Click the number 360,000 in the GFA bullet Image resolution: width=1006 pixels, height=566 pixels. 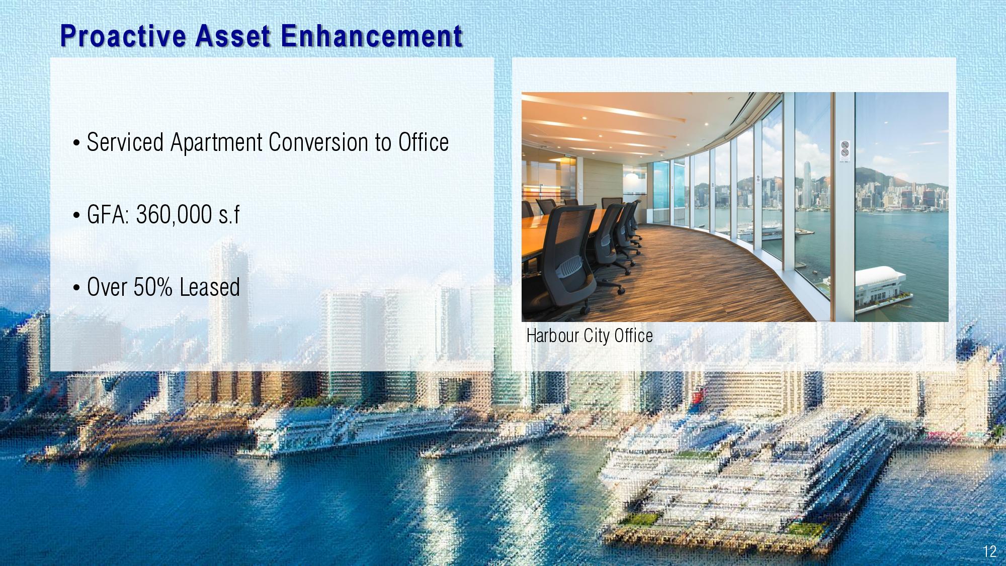(174, 215)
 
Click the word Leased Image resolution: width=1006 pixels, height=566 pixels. (210, 287)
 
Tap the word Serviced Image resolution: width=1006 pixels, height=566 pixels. (125, 142)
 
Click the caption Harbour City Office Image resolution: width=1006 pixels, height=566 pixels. (590, 336)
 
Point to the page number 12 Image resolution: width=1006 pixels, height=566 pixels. (989, 551)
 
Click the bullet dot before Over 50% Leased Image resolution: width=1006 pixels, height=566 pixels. (76, 288)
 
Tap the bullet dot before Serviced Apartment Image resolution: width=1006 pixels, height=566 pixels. (76, 143)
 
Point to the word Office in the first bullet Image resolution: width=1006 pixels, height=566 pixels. (424, 142)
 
